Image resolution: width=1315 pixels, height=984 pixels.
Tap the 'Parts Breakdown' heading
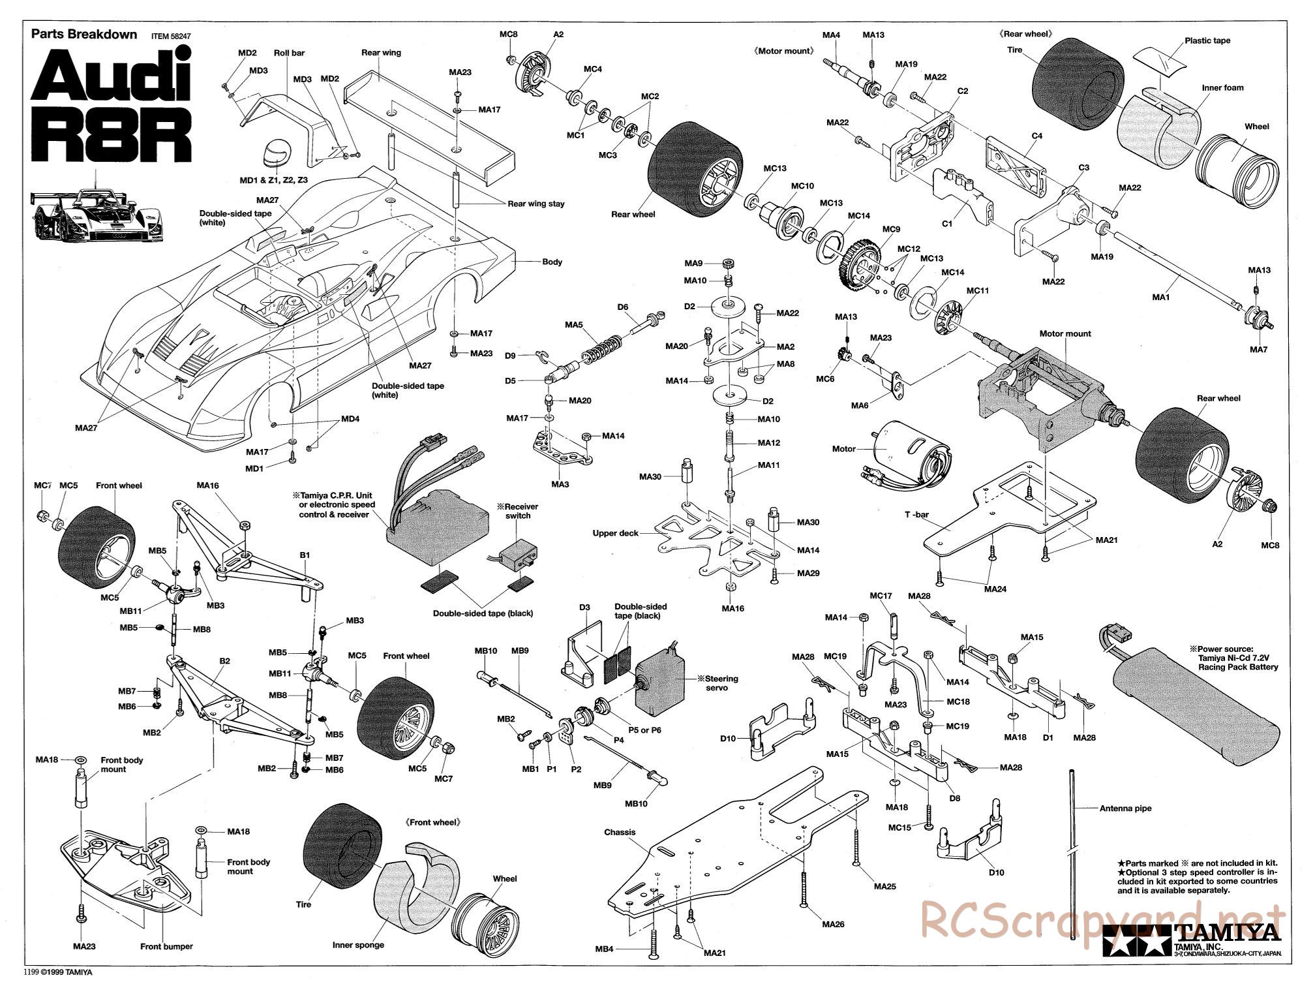click(x=84, y=35)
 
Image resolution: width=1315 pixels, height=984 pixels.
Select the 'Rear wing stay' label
click(x=536, y=204)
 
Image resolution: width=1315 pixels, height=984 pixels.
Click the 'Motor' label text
click(x=843, y=449)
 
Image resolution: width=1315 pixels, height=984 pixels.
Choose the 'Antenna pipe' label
click(x=1125, y=808)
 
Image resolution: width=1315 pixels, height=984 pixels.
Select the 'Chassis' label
click(x=619, y=832)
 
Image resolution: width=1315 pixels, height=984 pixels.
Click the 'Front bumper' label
click(x=166, y=946)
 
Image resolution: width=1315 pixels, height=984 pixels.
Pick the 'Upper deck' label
click(x=615, y=533)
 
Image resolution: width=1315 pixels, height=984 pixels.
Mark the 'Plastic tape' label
click(x=1207, y=40)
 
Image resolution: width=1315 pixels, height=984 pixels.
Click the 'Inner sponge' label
click(x=357, y=944)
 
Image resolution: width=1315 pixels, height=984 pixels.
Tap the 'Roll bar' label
click(x=289, y=53)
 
